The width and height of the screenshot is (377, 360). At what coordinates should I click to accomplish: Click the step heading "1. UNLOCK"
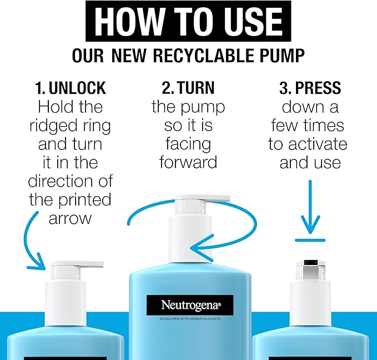pyautogui.click(x=70, y=88)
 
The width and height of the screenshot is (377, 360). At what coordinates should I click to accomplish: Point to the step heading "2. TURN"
pyautogui.click(x=188, y=88)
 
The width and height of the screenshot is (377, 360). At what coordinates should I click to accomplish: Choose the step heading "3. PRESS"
pyautogui.click(x=310, y=88)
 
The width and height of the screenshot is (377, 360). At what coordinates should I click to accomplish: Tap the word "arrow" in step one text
pyautogui.click(x=70, y=218)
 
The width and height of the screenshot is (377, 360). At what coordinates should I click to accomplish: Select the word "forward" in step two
pyautogui.click(x=188, y=162)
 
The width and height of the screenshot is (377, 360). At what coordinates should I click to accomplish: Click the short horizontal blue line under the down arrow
pyautogui.click(x=310, y=241)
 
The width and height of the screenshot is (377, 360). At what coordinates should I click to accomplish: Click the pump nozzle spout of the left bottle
pyautogui.click(x=89, y=264)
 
